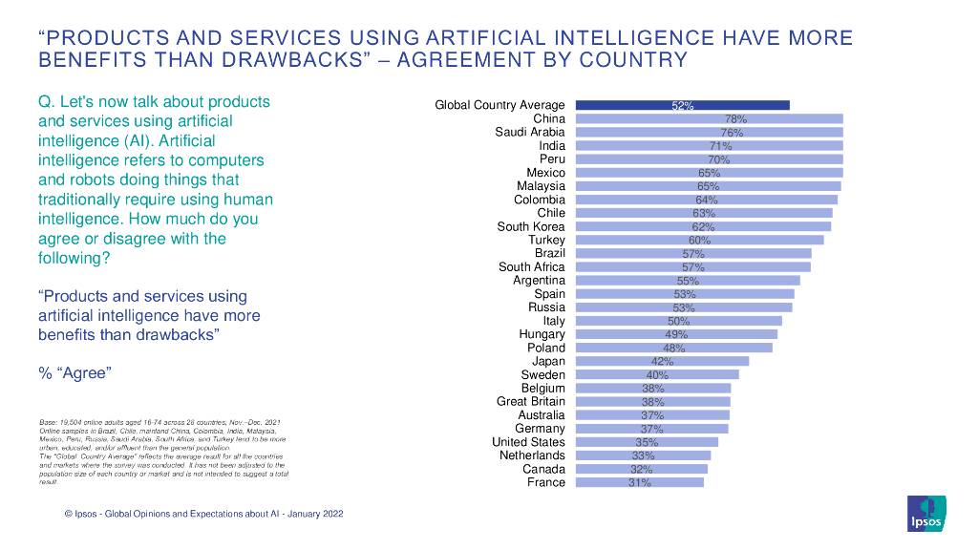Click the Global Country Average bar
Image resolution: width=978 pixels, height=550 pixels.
(682, 106)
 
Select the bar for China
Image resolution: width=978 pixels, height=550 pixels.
(709, 119)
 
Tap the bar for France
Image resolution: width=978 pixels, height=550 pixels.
(639, 483)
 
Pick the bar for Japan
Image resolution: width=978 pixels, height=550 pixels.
(662, 362)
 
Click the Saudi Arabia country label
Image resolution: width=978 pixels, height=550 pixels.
(530, 133)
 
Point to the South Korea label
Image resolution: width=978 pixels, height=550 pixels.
(531, 227)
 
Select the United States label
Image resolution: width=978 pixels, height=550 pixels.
(528, 442)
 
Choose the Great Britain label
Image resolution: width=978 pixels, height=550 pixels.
(531, 402)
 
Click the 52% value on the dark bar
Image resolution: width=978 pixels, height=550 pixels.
(682, 106)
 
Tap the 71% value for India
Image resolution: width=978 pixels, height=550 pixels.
(720, 146)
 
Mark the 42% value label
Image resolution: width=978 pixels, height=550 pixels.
(662, 362)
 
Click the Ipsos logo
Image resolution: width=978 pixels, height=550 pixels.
(926, 513)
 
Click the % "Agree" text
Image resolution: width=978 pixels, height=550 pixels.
(74, 373)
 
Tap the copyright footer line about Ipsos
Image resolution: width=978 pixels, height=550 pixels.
(203, 514)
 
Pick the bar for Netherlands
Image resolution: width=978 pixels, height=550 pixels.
(643, 456)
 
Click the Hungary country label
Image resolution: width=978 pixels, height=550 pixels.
(542, 334)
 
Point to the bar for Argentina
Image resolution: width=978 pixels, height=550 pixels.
(687, 281)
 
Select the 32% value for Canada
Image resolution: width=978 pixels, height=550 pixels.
(641, 470)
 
